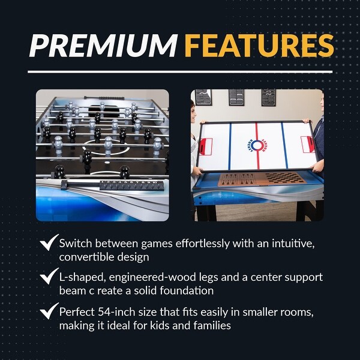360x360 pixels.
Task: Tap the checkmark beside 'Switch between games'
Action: (x=47, y=243)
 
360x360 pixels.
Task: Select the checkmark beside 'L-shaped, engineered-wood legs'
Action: (x=47, y=277)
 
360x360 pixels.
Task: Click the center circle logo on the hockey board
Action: (x=256, y=145)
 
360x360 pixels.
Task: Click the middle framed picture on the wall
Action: (x=236, y=97)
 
